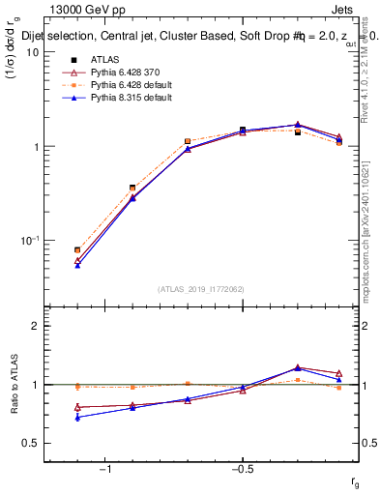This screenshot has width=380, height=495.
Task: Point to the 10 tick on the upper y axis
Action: point(32,52)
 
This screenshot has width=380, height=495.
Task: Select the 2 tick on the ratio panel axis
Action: point(34,326)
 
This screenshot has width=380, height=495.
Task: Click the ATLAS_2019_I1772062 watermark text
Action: point(201,289)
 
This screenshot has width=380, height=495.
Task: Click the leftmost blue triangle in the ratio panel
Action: point(77,418)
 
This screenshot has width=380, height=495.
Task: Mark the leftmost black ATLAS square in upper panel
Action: point(77,249)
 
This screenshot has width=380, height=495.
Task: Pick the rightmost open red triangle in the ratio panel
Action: point(338,373)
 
